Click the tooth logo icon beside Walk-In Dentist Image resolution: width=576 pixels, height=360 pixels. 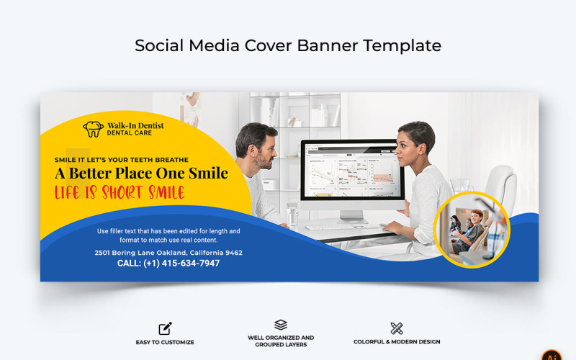click(93, 129)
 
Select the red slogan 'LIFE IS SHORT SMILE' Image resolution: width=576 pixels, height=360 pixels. click(120, 192)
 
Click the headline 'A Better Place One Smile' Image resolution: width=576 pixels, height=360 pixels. click(141, 174)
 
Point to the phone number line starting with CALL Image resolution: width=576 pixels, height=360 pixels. click(168, 264)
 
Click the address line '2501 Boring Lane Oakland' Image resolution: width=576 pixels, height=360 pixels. click(168, 253)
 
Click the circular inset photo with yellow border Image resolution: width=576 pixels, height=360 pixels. click(472, 230)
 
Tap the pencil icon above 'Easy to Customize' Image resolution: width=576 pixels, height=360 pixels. click(165, 328)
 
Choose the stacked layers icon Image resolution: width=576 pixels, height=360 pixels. click(281, 325)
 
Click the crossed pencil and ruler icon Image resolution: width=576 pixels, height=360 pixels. click(396, 328)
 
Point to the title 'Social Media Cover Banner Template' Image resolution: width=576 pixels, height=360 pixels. click(288, 45)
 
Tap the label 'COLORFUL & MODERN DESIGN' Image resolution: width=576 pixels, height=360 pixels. click(397, 342)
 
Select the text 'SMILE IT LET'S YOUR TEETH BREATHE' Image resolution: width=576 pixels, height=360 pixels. click(122, 160)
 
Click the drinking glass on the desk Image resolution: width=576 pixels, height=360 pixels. click(292, 214)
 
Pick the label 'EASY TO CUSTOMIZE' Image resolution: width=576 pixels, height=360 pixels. click(165, 342)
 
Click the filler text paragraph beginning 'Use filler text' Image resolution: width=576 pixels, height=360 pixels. click(168, 235)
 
